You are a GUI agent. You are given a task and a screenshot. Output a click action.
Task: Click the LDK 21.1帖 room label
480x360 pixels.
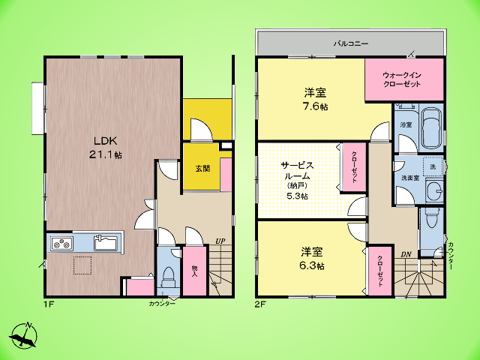pos(105,148)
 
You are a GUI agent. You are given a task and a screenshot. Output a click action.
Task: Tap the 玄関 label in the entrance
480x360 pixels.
pos(202,168)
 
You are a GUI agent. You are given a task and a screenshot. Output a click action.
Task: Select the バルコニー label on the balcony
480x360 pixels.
pos(351,43)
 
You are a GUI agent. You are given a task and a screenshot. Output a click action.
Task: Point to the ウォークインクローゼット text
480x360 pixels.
pos(402,79)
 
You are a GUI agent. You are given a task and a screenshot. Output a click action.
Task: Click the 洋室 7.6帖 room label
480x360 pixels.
pos(315,99)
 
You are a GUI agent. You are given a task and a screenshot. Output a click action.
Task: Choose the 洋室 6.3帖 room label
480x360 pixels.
pos(312,259)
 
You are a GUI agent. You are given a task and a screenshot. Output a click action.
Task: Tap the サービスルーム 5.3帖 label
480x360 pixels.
pos(297,181)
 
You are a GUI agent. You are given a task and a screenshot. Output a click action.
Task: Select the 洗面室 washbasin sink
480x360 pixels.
pos(434,192)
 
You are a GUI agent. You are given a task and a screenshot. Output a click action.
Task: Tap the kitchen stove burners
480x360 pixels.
pos(62,244)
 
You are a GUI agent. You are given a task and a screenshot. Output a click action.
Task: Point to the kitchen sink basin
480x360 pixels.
pos(105,243)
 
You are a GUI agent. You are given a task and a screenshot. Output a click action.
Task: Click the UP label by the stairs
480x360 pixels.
pos(220,241)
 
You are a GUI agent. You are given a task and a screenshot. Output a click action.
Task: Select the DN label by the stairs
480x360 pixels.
pos(406,254)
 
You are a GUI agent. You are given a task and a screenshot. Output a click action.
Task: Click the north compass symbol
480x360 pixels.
pos(24,335)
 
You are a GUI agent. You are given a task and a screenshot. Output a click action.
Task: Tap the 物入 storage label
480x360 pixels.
pos(194,271)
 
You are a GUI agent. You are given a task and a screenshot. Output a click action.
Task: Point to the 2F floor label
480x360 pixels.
pos(260,304)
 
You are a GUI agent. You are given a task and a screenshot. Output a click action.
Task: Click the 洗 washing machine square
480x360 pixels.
pos(433,166)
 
